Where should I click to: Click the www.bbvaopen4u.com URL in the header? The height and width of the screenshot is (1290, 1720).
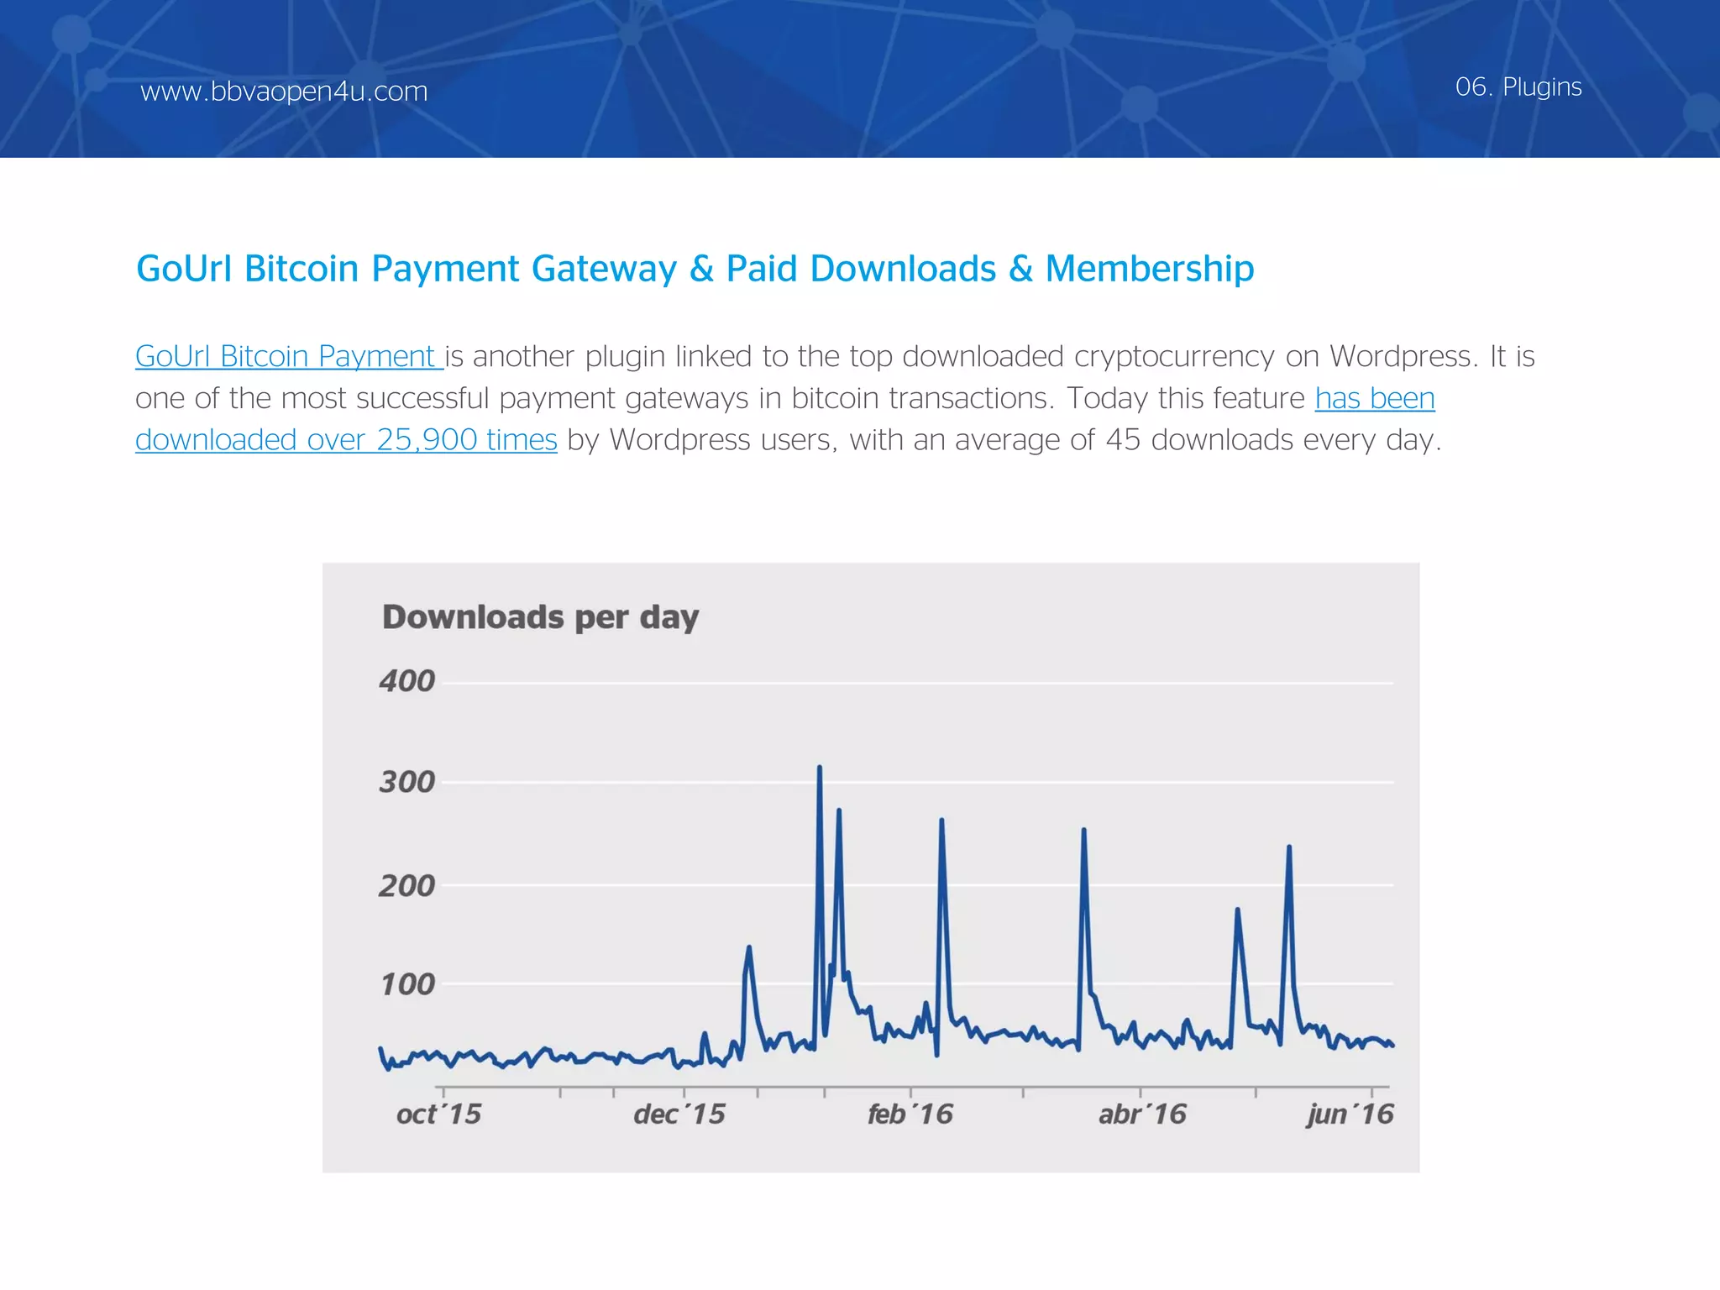click(284, 91)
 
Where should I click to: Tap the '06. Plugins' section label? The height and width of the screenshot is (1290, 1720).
click(1518, 87)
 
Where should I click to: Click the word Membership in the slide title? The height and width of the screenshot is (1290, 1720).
click(1149, 269)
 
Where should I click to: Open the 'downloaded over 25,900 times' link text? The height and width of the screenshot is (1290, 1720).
click(346, 440)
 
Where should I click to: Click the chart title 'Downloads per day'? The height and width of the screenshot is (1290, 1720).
click(540, 617)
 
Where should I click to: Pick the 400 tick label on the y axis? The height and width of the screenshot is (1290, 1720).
click(406, 680)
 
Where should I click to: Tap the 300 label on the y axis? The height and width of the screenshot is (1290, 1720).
click(406, 782)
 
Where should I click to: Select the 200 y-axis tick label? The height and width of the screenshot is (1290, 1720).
click(406, 885)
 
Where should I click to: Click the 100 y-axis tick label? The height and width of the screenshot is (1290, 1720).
click(407, 984)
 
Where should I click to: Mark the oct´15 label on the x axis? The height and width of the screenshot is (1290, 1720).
click(438, 1114)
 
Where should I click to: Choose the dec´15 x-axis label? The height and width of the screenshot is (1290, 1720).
click(679, 1114)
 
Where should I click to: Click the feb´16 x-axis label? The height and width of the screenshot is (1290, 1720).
click(910, 1114)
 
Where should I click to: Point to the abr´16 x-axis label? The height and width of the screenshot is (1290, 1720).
click(1142, 1114)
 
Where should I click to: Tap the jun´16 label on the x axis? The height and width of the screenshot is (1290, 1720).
click(1350, 1114)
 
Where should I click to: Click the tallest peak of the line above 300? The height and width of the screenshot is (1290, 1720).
click(819, 768)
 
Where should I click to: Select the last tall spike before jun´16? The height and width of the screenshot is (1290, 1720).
click(1288, 848)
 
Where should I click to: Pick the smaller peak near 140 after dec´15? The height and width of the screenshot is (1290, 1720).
click(748, 949)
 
